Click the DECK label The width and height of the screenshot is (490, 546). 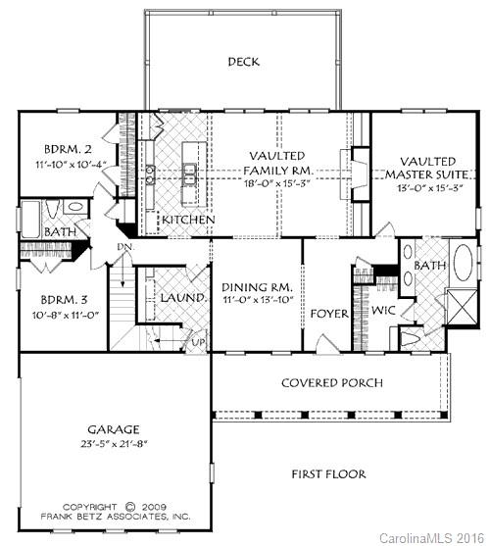click(243, 62)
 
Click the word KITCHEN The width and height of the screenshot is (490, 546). click(187, 220)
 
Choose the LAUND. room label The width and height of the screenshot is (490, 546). click(183, 297)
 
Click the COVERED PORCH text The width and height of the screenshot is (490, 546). click(332, 382)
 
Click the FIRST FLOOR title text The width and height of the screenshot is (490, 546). click(328, 474)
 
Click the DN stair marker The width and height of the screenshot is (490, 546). click(124, 247)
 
